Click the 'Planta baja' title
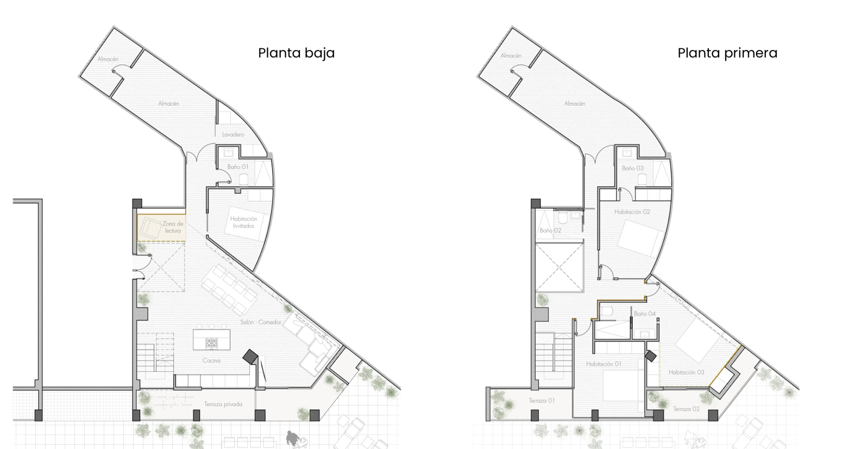click(296, 53)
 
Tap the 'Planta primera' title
click(727, 53)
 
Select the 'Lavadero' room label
click(233, 134)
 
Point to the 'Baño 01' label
click(237, 167)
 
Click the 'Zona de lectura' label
click(173, 227)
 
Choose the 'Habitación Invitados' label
click(243, 222)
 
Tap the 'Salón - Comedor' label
click(261, 322)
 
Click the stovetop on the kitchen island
click(211, 343)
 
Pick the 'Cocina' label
click(211, 361)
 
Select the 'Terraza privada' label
click(223, 404)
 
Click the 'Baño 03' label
click(633, 168)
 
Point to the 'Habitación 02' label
click(632, 212)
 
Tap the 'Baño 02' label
click(550, 230)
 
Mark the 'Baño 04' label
click(645, 314)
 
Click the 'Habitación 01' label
click(604, 364)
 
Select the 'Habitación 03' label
click(687, 372)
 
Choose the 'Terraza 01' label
click(542, 401)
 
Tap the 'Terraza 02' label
click(687, 409)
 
